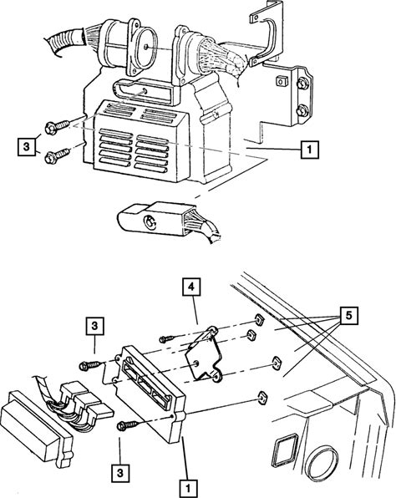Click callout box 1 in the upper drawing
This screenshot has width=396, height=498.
pos(309,150)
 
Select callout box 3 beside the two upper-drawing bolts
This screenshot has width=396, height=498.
pos(27,147)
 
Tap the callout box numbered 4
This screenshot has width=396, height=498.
pos(191,287)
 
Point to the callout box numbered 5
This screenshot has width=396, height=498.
pos(349,316)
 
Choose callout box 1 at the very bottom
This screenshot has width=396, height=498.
pos(188,488)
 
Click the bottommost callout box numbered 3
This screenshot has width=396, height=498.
pos(119,473)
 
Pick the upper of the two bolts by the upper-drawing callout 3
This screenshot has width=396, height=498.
pos(57,127)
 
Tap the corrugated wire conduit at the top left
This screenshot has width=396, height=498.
pos(64,41)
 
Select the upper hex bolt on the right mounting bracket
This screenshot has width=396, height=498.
pos(302,84)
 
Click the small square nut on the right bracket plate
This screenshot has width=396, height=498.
pos(282,81)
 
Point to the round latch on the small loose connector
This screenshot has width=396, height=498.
pos(149,221)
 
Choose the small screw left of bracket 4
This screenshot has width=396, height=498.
pos(167,338)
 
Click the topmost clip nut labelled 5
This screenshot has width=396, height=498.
pos(259,320)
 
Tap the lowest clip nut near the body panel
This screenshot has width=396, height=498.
pos(262,398)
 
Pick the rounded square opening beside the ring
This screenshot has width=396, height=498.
pos(285,450)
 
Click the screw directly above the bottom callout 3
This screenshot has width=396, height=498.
pos(128,425)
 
